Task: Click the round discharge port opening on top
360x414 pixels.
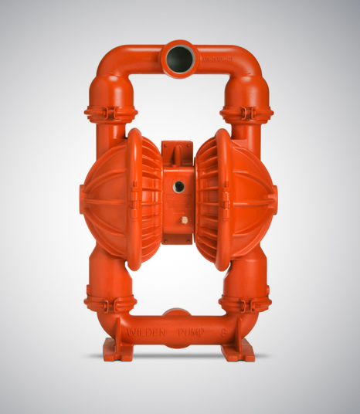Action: pyautogui.click(x=178, y=58)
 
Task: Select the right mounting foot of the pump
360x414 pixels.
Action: pyautogui.click(x=238, y=353)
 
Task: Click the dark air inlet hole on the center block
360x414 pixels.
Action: pyautogui.click(x=178, y=186)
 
